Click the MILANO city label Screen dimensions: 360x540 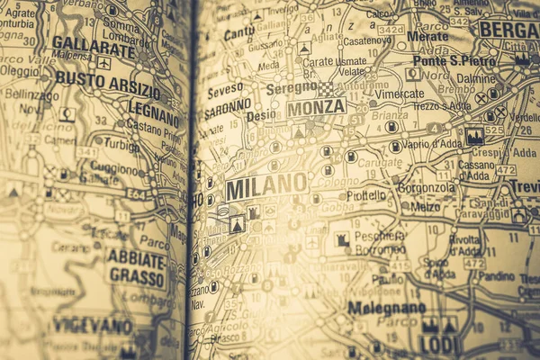pyautogui.click(x=265, y=186)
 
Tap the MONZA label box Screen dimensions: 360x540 pyautogui.click(x=316, y=107)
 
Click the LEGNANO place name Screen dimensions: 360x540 pyautogui.click(x=153, y=108)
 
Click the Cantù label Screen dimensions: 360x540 pyautogui.click(x=239, y=32)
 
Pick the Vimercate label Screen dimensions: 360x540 pyautogui.click(x=399, y=93)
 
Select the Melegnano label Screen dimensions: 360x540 pyautogui.click(x=386, y=308)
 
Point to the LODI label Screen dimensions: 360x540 pyautogui.click(x=439, y=345)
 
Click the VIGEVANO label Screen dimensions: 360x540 pyautogui.click(x=93, y=326)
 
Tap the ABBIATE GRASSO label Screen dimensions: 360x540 pyautogui.click(x=136, y=267)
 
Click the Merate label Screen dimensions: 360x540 pyautogui.click(x=427, y=36)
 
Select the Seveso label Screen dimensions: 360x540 pyautogui.click(x=225, y=91)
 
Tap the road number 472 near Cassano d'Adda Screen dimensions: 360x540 pyautogui.click(x=506, y=170)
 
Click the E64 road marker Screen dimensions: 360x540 pyautogui.click(x=136, y=192)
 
